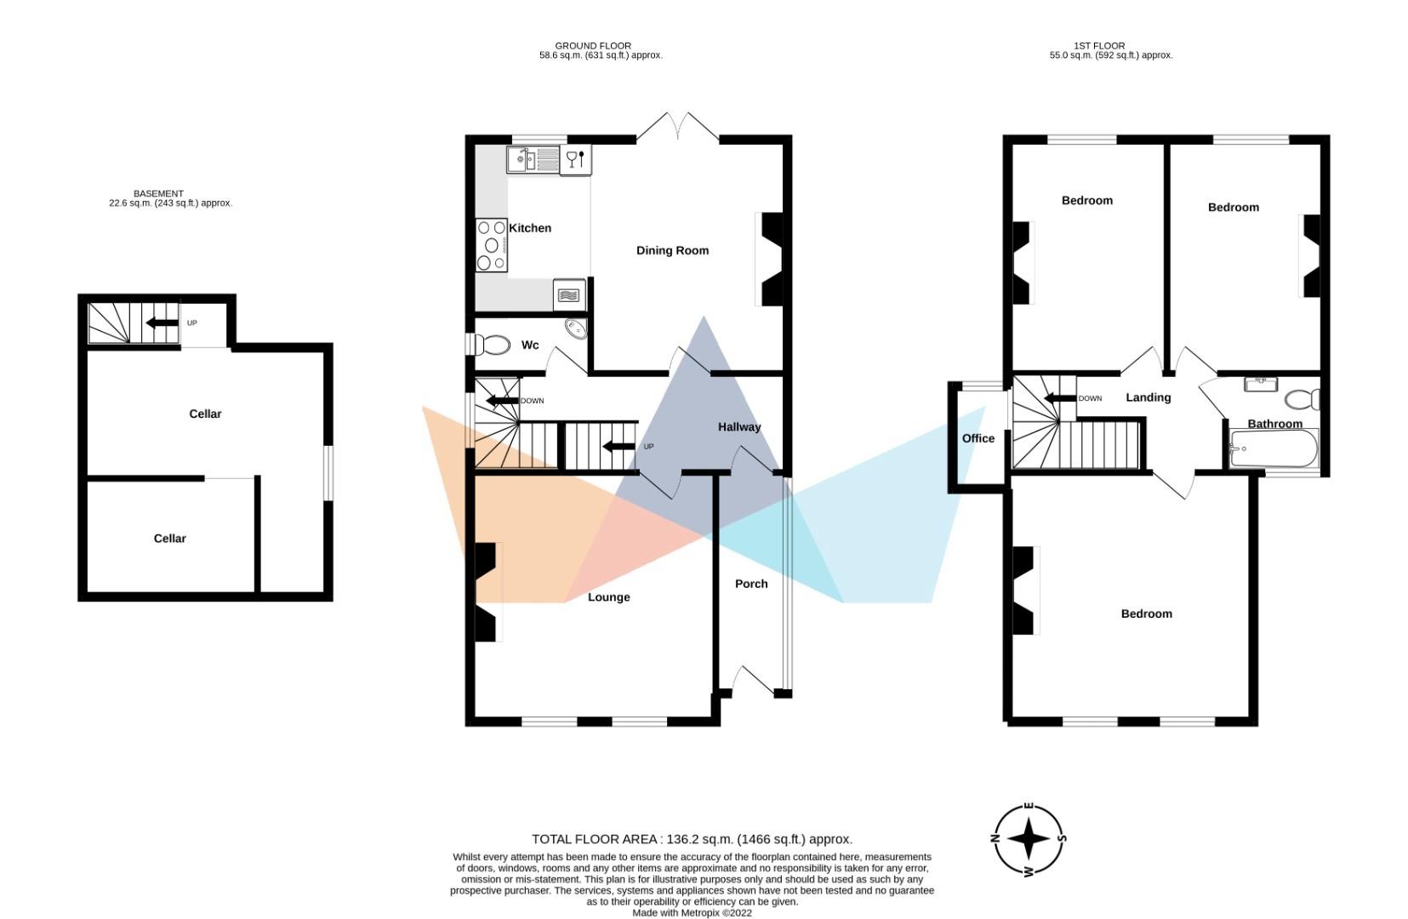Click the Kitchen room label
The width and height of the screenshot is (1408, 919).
pos(530,228)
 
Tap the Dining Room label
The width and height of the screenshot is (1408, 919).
pos(672,250)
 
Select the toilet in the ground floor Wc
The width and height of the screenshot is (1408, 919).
pos(491,345)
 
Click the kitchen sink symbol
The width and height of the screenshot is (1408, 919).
pos(531,159)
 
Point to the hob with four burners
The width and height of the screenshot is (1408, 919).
pos(491,245)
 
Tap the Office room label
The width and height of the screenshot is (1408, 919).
pos(978,438)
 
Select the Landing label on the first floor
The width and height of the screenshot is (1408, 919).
pos(1148,397)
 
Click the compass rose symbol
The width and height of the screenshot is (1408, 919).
pos(1029,839)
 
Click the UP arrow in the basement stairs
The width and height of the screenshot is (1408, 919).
pos(161,323)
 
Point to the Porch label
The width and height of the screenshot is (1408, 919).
pos(751,584)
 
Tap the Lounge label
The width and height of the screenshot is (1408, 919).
pos(609,597)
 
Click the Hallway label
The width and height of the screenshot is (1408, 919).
pos(738,427)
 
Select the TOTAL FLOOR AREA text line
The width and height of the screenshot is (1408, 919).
pos(692,839)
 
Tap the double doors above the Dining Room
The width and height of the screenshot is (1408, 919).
pos(678,128)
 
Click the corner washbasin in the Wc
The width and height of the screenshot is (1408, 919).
pos(576,329)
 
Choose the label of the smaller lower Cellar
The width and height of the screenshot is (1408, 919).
pos(169,539)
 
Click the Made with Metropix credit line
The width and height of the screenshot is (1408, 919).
pos(692,913)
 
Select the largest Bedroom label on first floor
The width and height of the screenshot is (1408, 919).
pos(1146,614)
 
